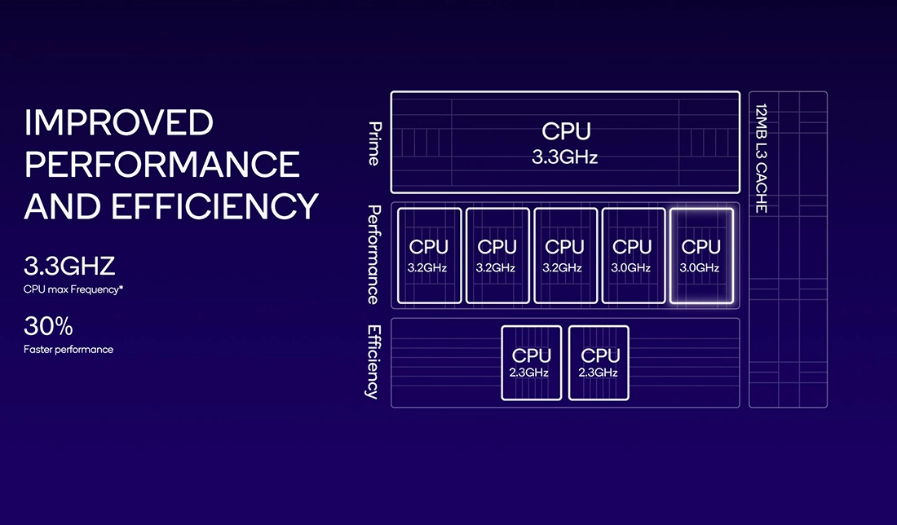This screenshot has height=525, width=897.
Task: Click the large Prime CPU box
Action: [x=564, y=142]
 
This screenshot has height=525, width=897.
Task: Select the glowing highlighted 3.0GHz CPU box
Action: [x=700, y=255]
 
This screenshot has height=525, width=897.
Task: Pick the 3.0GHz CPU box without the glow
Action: [x=632, y=255]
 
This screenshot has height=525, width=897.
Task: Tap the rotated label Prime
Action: [x=374, y=143]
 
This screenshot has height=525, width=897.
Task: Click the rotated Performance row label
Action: [x=373, y=254]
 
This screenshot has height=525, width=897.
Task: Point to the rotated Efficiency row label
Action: [x=373, y=362]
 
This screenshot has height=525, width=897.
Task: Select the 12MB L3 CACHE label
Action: [x=762, y=158]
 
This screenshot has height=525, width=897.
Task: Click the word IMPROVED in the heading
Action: [x=119, y=123]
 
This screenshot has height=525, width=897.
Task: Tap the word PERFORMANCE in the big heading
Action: [x=162, y=165]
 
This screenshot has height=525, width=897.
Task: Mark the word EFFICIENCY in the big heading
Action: [x=214, y=206]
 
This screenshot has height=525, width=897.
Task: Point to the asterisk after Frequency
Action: [x=121, y=287]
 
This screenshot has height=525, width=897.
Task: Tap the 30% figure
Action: [x=48, y=328]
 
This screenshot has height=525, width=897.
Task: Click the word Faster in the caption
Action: [x=38, y=350]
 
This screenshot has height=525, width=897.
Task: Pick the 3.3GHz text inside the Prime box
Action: [x=564, y=157]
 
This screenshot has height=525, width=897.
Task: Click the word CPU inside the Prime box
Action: [x=565, y=131]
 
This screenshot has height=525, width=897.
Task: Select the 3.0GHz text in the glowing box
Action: [x=700, y=267]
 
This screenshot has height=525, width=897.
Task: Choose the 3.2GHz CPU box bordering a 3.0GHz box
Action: [x=564, y=255]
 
